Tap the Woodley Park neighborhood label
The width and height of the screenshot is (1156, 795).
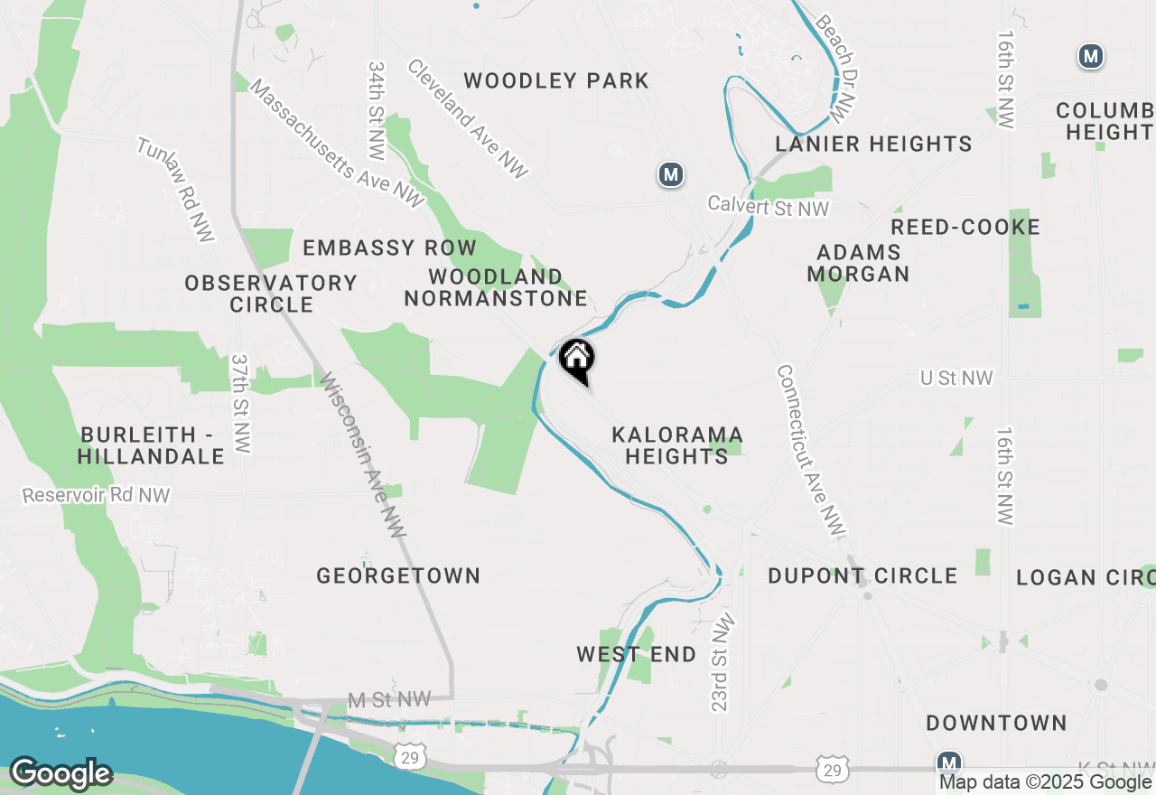pos(556,81)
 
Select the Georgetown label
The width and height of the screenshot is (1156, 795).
pos(398,575)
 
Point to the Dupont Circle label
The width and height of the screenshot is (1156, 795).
pos(862,575)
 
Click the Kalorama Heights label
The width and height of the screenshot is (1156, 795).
pos(676,445)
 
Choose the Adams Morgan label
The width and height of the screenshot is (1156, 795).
pos(858,263)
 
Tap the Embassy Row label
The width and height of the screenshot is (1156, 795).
pos(389,248)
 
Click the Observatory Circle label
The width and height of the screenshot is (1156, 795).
pos(271,294)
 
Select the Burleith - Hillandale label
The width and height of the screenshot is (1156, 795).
pos(151,445)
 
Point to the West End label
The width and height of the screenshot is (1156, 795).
pos(637,654)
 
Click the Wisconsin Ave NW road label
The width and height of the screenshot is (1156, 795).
pos(360,455)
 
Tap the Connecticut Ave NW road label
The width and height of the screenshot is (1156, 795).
pos(809,452)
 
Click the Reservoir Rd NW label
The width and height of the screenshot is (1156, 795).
pos(96,495)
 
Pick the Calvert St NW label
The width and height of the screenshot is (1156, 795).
pos(768,207)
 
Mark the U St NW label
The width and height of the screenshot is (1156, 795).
pos(956,378)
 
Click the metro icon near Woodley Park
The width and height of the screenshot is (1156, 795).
pos(670,174)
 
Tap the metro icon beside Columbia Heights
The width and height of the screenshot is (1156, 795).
pos(1091,56)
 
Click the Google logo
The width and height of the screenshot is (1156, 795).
pos(61,773)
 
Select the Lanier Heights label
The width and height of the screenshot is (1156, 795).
pos(873,144)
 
